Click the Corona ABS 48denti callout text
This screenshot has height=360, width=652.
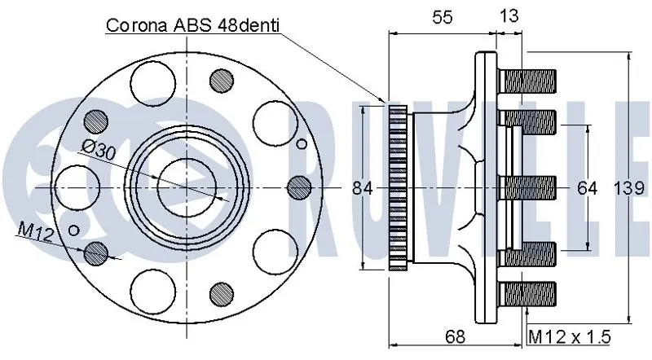[x=192, y=25]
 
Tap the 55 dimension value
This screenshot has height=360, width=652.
[x=442, y=17]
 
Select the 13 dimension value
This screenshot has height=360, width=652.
[x=509, y=15]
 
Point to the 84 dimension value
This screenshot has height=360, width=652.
[x=363, y=189]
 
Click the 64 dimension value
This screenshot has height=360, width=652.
[x=587, y=188]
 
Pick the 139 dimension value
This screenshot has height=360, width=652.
[x=628, y=188]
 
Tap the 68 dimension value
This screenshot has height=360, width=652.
[x=455, y=336]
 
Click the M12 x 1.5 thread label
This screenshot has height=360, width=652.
[x=569, y=336]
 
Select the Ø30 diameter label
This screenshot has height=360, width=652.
[x=99, y=150]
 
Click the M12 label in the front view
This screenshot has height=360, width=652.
[x=36, y=232]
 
